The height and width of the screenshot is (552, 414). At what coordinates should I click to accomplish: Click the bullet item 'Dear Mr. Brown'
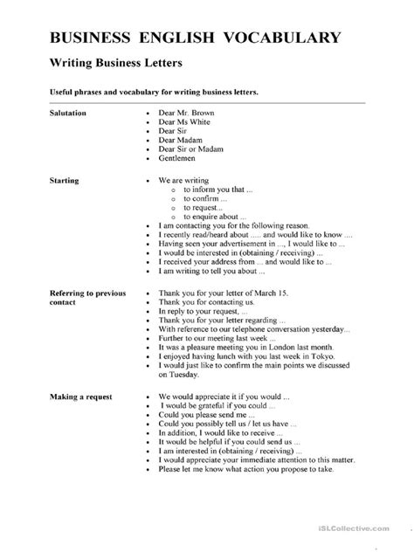[186, 114]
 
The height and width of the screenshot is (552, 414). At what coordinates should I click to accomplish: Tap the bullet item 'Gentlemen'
[178, 159]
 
